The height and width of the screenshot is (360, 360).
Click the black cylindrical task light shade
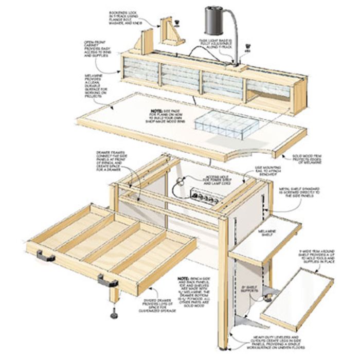click(214, 20)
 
